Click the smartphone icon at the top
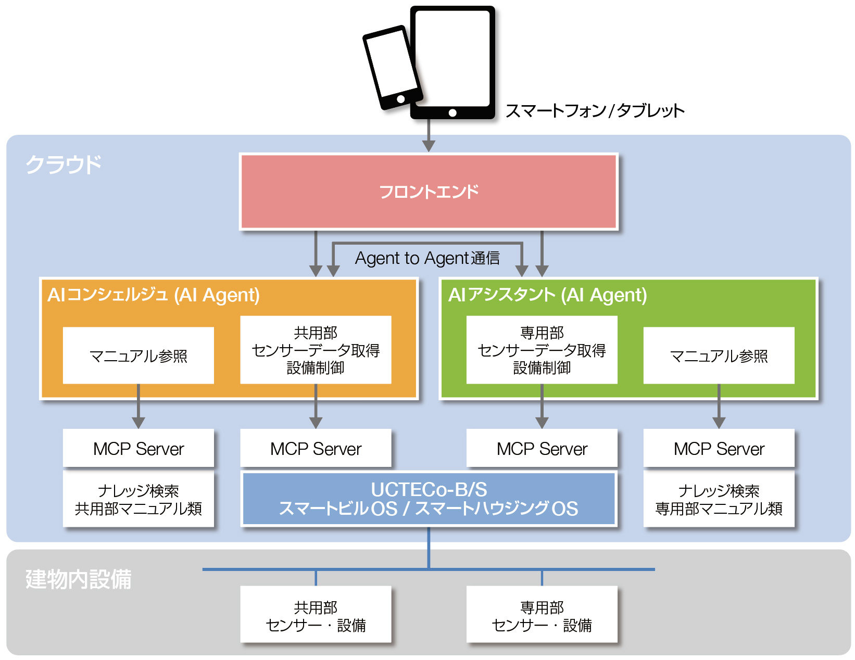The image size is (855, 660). click(392, 68)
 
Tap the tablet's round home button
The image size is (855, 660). click(452, 112)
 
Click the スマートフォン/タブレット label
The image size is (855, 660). click(595, 111)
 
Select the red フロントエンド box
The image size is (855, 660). click(429, 192)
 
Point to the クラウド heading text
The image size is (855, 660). click(64, 164)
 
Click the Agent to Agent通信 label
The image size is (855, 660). click(427, 258)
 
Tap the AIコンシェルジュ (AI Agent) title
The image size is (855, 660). click(154, 295)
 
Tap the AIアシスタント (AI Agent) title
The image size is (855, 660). click(547, 295)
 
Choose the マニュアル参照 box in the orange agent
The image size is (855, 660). click(139, 356)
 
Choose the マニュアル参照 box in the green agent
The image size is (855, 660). click(719, 356)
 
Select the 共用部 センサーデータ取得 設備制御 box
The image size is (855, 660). click(316, 350)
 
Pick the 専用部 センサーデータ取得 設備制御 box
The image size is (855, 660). click(542, 350)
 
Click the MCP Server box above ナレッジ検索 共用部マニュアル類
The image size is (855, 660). click(139, 448)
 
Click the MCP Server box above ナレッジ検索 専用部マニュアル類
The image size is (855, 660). click(719, 448)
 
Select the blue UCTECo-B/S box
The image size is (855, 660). click(429, 499)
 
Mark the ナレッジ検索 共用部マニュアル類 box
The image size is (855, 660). click(139, 499)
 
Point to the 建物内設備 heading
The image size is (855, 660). click(79, 579)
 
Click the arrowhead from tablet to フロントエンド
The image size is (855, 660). click(429, 145)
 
